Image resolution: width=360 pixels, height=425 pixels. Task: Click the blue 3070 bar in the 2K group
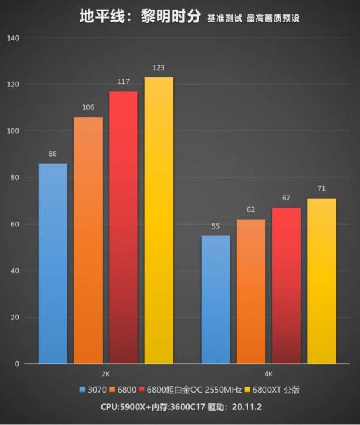[53, 264]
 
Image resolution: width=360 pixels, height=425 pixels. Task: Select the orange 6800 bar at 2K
[88, 240]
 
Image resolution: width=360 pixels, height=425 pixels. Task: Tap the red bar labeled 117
[123, 228]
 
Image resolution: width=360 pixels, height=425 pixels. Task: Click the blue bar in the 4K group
[216, 300]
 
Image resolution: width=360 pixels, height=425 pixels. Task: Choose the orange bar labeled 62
[251, 292]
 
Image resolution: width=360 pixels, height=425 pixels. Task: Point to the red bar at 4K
[286, 286]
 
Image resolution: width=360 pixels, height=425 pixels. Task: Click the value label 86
[53, 154]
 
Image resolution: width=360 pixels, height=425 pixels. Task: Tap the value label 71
[322, 189]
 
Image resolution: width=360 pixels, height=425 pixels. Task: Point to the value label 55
[216, 226]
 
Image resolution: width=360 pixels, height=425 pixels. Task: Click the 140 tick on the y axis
[13, 38]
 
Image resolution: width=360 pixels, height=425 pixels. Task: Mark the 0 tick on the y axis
[17, 364]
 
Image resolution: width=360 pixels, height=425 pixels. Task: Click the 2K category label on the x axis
[106, 373]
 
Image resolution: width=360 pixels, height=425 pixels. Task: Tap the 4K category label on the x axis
[268, 373]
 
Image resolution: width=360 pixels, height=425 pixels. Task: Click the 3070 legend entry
[93, 390]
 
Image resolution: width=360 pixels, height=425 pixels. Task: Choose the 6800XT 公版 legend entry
[274, 390]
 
